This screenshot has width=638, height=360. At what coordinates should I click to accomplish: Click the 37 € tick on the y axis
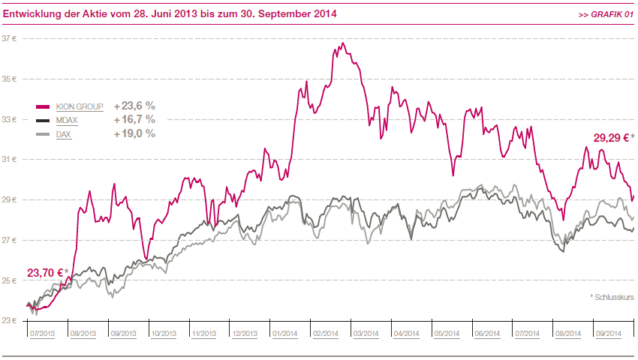point(9,39)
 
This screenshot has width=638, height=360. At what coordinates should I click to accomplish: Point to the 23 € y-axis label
point(9,320)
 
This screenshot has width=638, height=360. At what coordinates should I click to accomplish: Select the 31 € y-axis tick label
point(9,160)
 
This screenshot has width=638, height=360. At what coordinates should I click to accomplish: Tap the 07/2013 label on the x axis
point(42,334)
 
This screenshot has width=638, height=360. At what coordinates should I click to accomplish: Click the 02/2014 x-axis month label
point(326,334)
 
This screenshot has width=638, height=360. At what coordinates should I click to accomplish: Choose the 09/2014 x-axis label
point(609,334)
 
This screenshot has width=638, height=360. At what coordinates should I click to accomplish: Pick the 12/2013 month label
point(245,334)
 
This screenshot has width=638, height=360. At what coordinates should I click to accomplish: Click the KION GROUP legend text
point(80,107)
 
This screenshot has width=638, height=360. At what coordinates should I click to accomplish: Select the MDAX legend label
point(67,121)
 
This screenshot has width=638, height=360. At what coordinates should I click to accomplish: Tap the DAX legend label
point(64,134)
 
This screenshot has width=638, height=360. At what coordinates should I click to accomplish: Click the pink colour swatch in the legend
point(43,107)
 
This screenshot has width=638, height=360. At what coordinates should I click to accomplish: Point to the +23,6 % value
point(134,106)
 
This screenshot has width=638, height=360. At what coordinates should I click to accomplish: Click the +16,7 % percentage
point(134,119)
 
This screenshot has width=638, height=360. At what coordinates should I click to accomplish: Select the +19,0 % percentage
point(134,133)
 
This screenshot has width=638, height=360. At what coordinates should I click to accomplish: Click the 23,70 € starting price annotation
point(47,273)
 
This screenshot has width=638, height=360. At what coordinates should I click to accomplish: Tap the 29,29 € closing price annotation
point(613,138)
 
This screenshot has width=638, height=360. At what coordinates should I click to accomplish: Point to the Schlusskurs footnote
point(612,297)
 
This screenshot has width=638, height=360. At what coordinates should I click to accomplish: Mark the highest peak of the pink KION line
point(343,43)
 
